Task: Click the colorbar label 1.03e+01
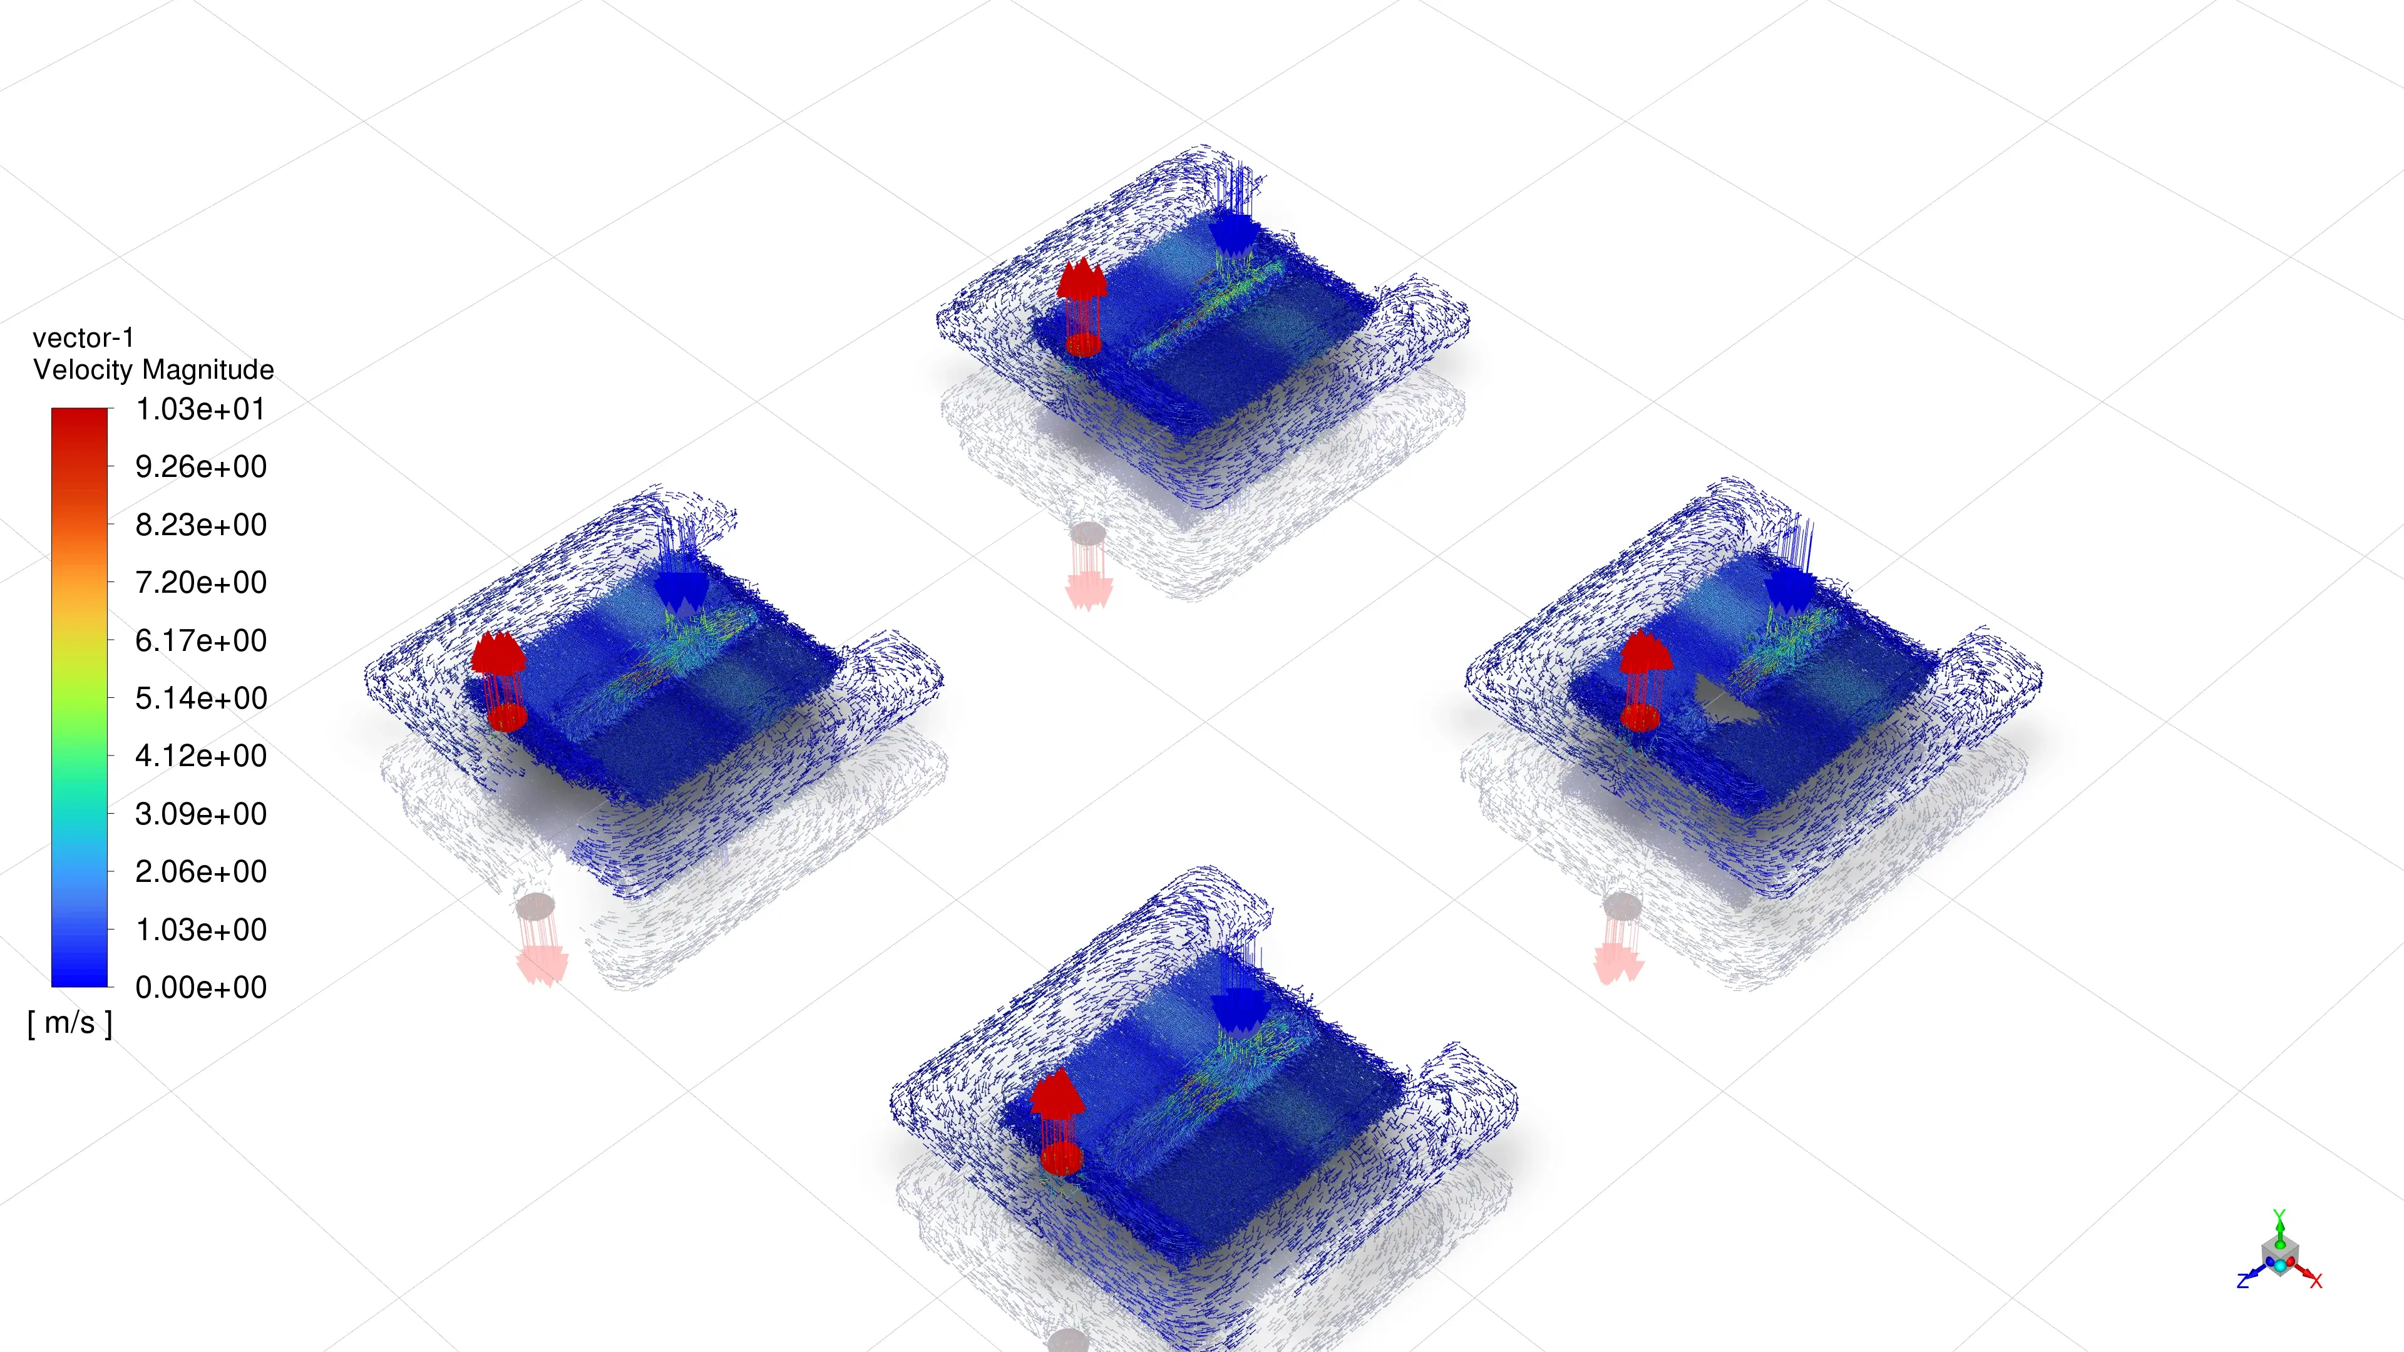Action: coord(200,409)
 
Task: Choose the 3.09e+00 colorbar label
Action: coord(200,814)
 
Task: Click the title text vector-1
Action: coord(83,338)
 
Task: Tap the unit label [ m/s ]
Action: coord(70,1023)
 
